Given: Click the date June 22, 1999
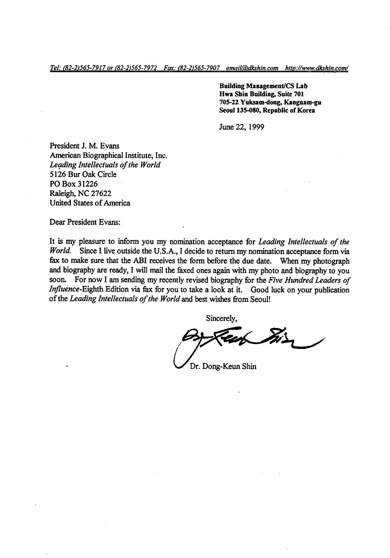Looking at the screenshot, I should click(242, 127).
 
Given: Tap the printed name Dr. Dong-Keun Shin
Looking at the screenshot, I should click(223, 366).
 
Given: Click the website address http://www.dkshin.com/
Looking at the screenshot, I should click(317, 68).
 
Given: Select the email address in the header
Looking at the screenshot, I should click(252, 68).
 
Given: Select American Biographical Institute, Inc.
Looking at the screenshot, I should click(108, 156).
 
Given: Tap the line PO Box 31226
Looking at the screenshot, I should click(73, 184).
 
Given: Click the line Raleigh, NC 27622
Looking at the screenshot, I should click(80, 193).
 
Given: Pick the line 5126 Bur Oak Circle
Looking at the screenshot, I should click(83, 174).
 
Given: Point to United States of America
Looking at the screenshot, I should click(90, 202).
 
